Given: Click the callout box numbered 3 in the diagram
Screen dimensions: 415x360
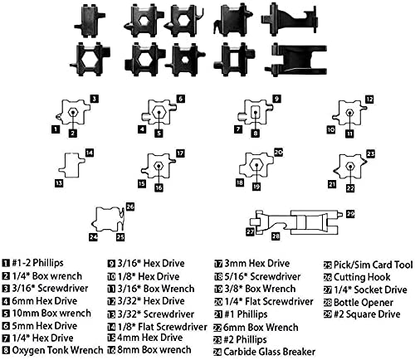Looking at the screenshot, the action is (x=95, y=99).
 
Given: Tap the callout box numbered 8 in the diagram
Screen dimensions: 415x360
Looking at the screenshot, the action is (x=256, y=133).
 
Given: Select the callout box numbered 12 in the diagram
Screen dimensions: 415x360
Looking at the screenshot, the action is (x=369, y=100).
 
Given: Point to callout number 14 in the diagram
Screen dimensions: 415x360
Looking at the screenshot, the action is (x=90, y=153).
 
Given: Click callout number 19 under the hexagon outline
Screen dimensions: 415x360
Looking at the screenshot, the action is (x=256, y=187).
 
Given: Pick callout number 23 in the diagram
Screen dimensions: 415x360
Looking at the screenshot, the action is (x=370, y=153).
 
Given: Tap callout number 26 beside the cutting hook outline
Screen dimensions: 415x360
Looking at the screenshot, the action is (x=130, y=207).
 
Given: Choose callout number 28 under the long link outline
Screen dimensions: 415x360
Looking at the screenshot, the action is (x=276, y=236).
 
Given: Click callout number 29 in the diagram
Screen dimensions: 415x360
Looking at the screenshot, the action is (x=350, y=214).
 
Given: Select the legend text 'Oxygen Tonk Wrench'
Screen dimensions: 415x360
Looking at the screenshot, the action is (x=57, y=350).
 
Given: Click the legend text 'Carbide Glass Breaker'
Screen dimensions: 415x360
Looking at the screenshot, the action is (x=270, y=352).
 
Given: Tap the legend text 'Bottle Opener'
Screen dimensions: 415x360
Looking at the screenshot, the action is (x=364, y=303).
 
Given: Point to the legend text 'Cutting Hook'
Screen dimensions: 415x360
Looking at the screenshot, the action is (x=362, y=277).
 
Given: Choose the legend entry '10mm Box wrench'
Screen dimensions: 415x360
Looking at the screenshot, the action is (x=51, y=313).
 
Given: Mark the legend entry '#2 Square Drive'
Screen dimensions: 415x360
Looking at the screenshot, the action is (x=367, y=314).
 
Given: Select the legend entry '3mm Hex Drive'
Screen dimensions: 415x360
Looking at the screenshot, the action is (x=257, y=263).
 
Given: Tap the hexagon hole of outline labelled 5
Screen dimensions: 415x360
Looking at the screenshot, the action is (x=159, y=112).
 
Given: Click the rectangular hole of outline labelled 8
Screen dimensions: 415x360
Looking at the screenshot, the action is (x=256, y=113).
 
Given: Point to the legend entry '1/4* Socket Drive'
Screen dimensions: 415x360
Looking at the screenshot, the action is (x=370, y=289).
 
